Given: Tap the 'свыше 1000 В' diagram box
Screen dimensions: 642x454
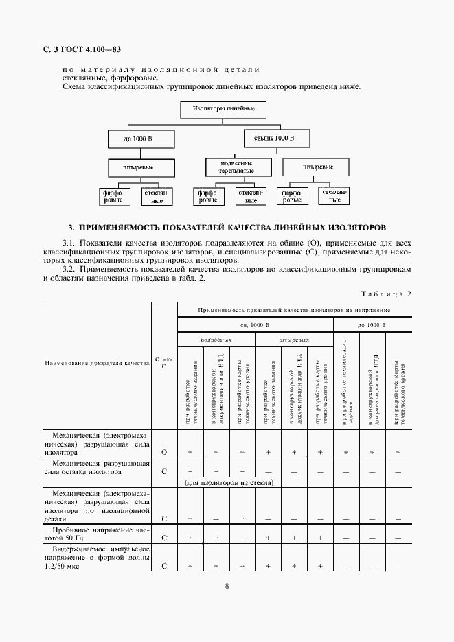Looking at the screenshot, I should coord(274,139).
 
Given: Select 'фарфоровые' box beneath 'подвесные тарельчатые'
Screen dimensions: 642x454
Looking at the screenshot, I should coord(207,197).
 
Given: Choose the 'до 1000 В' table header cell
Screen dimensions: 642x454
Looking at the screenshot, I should coord(372,324).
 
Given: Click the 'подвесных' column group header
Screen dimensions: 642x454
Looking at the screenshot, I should coord(216,340).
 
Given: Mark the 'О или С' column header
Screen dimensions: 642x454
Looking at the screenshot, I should coord(163,363).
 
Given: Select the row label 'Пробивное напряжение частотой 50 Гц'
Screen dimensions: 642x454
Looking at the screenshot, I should coord(96,534).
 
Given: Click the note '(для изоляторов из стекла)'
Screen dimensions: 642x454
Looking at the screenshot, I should coord(229,483).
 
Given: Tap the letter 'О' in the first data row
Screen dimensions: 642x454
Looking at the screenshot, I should coord(163,453).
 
